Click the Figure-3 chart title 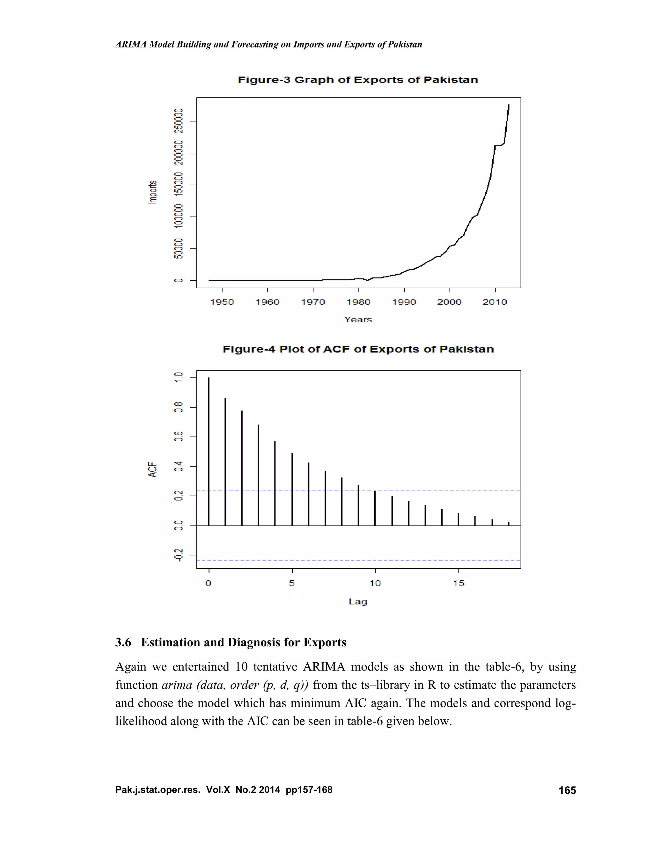357,80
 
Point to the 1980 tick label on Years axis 358,302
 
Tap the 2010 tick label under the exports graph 495,302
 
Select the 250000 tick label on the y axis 178,121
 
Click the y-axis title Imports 153,192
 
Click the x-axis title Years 358,320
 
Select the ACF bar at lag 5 292,489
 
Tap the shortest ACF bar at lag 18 509,524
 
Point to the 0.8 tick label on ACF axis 178,408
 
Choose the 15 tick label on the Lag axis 459,584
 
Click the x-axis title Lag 358,602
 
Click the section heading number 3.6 123,643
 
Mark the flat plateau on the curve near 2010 499,145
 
